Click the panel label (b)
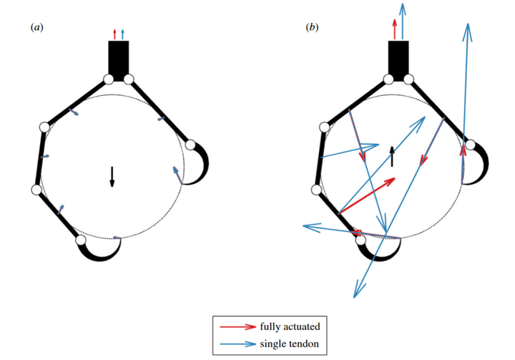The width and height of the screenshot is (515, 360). [x=312, y=27]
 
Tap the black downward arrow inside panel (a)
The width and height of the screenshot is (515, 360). [x=112, y=176]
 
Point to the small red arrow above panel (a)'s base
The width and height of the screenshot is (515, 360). [x=114, y=34]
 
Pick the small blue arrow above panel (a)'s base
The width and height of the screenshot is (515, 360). [x=122, y=34]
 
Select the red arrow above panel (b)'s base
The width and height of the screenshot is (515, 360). [x=393, y=29]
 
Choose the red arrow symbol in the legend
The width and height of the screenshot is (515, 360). [x=239, y=326]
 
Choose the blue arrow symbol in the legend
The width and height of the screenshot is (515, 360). [x=239, y=344]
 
